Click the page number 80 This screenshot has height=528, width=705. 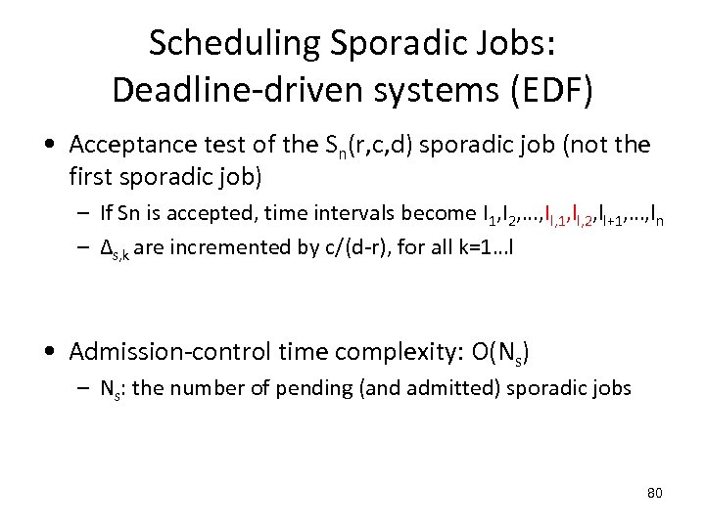tap(654, 492)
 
